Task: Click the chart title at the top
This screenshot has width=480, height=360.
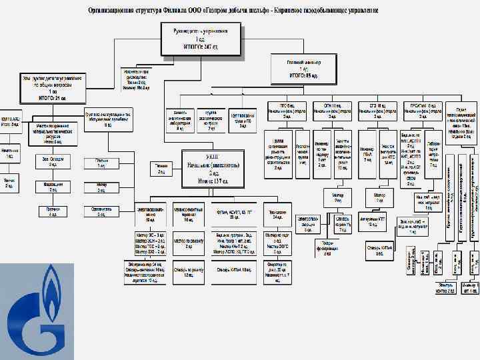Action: click(234, 12)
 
